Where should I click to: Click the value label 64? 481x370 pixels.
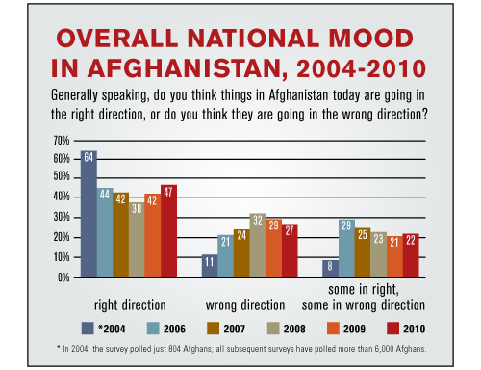(x=88, y=156)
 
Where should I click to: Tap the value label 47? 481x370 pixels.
(x=168, y=191)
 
